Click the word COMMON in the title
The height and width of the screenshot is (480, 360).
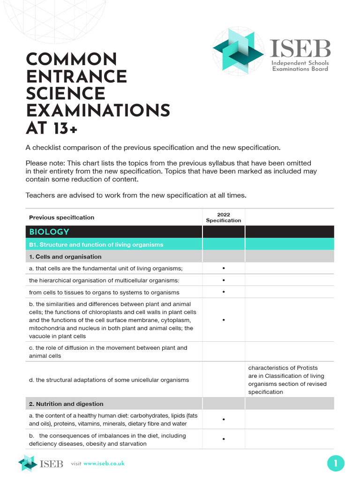click(x=71, y=60)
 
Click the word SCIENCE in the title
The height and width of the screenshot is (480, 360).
click(x=65, y=94)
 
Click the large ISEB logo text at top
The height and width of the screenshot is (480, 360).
click(x=300, y=49)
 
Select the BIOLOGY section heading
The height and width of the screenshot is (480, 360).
click(x=49, y=232)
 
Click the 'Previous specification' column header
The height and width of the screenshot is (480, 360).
click(x=61, y=217)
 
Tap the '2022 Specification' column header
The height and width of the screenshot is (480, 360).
click(x=224, y=217)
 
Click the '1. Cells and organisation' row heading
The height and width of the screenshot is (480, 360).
click(x=65, y=256)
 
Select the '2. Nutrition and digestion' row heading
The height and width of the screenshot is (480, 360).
click(x=66, y=404)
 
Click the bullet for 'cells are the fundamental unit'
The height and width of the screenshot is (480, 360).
click(x=224, y=268)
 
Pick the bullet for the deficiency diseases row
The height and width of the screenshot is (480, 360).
click(x=224, y=440)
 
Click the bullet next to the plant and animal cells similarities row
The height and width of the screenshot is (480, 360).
click(x=224, y=320)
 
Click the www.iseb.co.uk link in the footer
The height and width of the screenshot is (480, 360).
click(x=104, y=464)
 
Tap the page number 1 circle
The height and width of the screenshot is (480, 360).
click(x=336, y=464)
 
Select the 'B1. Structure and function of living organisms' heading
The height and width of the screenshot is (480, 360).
click(x=96, y=244)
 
